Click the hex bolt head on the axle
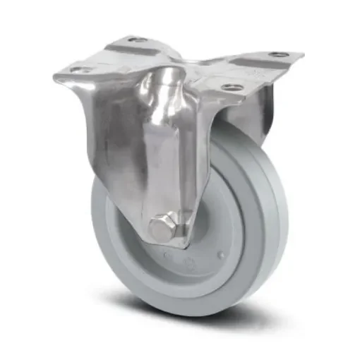[x=160, y=227]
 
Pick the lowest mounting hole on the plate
[x=231, y=88]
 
